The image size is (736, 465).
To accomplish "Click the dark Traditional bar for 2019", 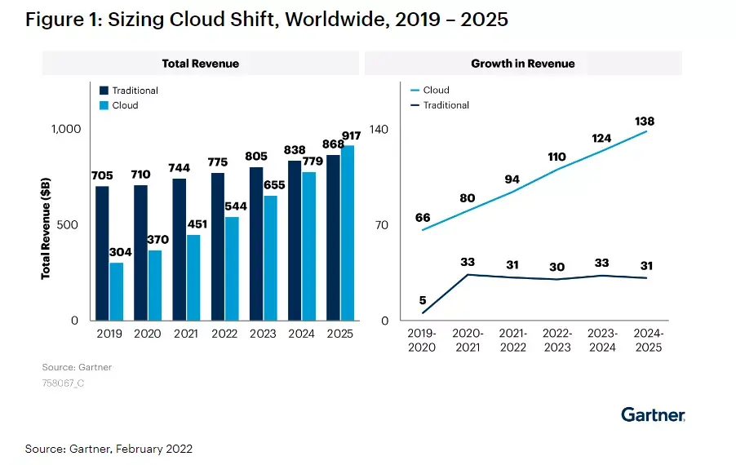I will point(102,253).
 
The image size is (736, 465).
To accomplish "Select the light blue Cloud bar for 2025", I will point(348,232).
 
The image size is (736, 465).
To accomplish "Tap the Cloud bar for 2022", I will point(232,268).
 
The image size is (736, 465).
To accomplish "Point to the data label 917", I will point(352,135).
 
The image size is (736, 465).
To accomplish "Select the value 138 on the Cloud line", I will point(645,122).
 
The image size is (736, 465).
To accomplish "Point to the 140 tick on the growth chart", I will point(379,129).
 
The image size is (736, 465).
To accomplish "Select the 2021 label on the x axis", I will point(186,334).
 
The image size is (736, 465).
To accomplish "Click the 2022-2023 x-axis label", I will point(557,340).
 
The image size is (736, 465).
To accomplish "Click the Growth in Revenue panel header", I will point(522,63).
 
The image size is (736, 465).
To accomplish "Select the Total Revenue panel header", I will point(200,63).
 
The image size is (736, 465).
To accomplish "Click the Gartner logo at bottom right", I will point(653,414).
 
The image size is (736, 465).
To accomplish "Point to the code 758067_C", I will point(63,383).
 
